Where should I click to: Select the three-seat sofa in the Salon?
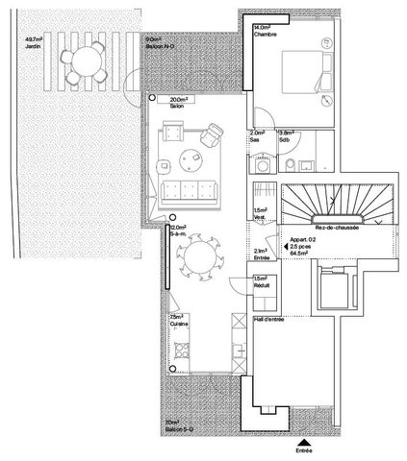click(188, 187)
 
